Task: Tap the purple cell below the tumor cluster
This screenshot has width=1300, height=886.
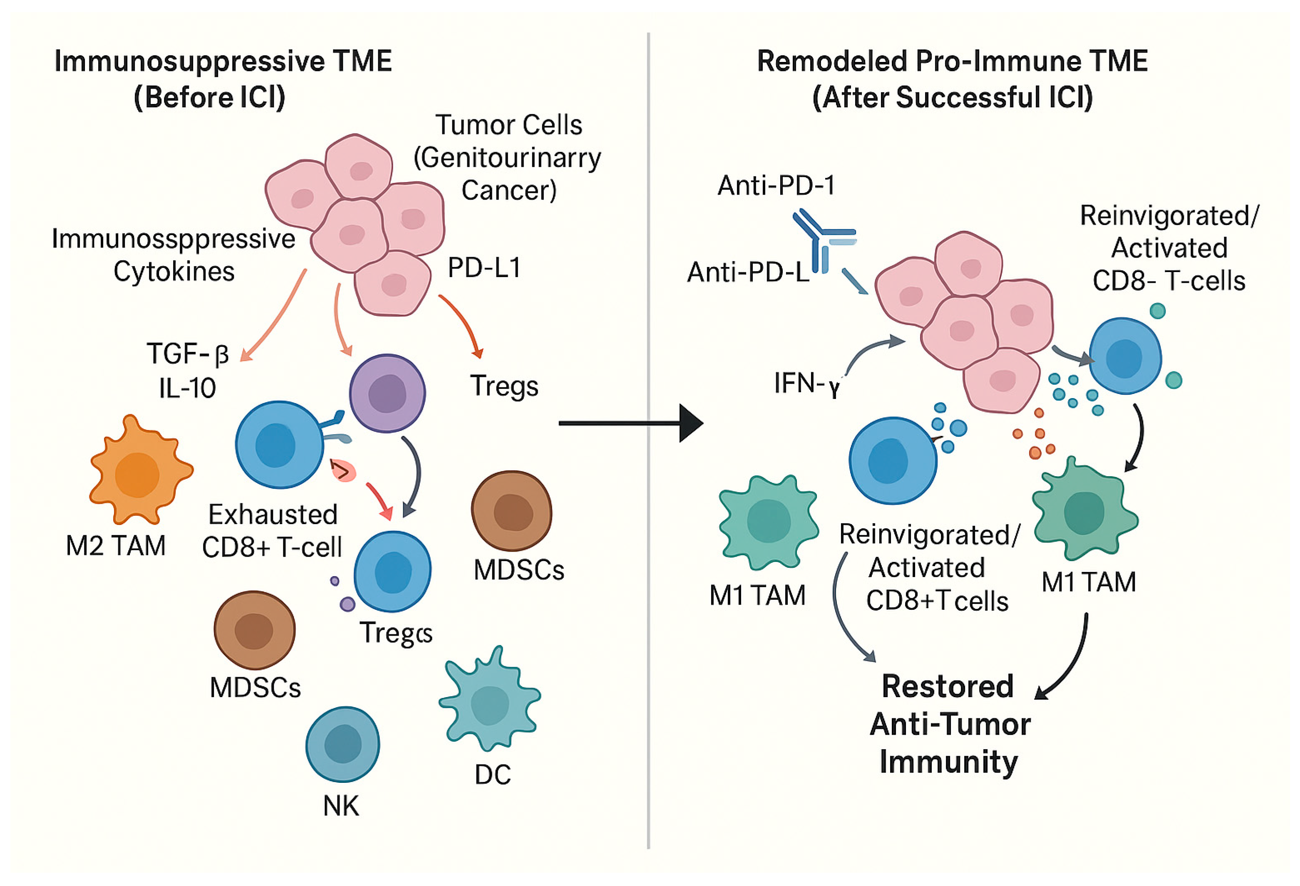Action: coord(387,393)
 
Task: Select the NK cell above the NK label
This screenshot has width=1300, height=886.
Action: coord(342,744)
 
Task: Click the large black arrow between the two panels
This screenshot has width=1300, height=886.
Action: coord(631,423)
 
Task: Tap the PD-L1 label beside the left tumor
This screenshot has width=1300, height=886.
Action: coord(484,268)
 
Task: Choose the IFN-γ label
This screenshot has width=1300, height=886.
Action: coord(806,384)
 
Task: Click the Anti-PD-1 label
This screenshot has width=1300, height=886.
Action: coord(777,185)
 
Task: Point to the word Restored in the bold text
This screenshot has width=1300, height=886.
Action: coord(948,686)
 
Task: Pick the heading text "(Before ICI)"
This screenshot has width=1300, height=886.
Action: coord(210,97)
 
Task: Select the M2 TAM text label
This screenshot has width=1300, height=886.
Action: coord(116,546)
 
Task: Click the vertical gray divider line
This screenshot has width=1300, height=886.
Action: coord(648,442)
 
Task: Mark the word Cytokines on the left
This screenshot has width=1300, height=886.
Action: coord(174,272)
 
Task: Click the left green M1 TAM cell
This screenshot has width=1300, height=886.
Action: coord(769,522)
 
